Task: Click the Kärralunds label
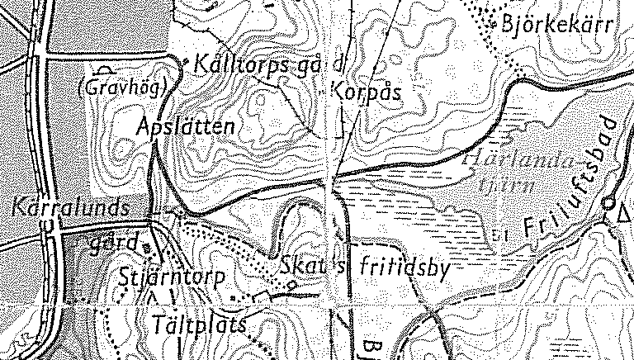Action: (72, 206)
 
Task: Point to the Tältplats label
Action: (201, 324)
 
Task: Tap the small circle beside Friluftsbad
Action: (608, 202)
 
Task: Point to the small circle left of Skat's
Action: (291, 285)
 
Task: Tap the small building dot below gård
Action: (146, 247)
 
